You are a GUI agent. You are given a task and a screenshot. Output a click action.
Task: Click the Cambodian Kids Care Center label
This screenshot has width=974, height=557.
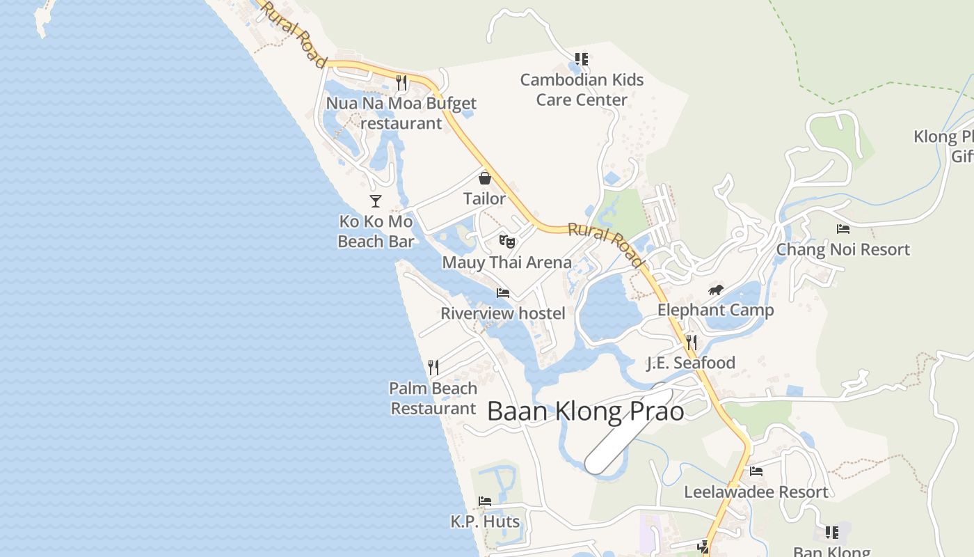(x=582, y=90)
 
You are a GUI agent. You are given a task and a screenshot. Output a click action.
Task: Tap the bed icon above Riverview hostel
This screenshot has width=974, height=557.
(x=503, y=293)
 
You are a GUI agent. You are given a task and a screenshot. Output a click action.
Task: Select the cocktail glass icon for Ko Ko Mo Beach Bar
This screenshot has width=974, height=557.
(x=376, y=201)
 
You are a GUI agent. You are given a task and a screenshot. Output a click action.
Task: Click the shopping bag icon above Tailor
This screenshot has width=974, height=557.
(x=485, y=178)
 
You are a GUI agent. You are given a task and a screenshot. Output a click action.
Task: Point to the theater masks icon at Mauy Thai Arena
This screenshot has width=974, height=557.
(x=507, y=242)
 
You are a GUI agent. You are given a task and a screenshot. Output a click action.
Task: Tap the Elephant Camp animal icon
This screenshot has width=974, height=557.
(x=716, y=290)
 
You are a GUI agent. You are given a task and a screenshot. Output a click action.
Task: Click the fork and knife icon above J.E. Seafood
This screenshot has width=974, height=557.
(x=691, y=342)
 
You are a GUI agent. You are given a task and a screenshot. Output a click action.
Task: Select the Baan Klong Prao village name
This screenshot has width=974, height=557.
(x=585, y=411)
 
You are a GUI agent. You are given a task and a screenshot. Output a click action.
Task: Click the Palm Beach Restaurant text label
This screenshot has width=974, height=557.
(x=433, y=398)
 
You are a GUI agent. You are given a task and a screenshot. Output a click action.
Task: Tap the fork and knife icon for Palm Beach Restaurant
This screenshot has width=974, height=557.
(x=433, y=367)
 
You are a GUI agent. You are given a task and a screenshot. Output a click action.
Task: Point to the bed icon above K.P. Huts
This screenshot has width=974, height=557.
(x=485, y=501)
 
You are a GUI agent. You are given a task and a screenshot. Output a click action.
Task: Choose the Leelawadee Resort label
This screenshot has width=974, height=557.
(x=756, y=492)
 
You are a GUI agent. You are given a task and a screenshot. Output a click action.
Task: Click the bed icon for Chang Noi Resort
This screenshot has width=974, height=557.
(x=843, y=229)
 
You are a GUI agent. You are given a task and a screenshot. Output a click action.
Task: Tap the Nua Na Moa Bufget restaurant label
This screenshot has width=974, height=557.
(x=401, y=113)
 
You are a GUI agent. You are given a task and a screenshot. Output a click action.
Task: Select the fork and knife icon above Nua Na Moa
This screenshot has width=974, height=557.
(x=401, y=83)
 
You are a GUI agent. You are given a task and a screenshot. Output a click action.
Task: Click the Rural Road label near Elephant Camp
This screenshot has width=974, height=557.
(x=606, y=244)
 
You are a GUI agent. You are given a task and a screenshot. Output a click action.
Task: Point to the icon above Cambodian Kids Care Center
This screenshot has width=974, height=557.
(x=582, y=59)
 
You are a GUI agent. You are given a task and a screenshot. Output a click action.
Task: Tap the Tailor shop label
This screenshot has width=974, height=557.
(x=485, y=198)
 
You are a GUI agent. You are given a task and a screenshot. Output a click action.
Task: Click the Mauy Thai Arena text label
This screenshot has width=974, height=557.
(x=507, y=262)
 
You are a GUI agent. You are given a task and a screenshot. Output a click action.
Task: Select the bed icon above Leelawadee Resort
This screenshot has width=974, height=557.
(x=756, y=471)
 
